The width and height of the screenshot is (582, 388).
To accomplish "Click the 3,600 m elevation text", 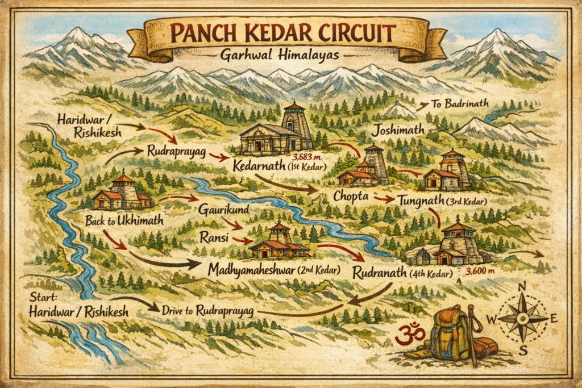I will (481, 272).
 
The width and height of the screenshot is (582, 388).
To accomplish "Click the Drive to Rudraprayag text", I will (207, 311).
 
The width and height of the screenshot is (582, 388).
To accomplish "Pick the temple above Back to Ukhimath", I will (122, 193).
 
